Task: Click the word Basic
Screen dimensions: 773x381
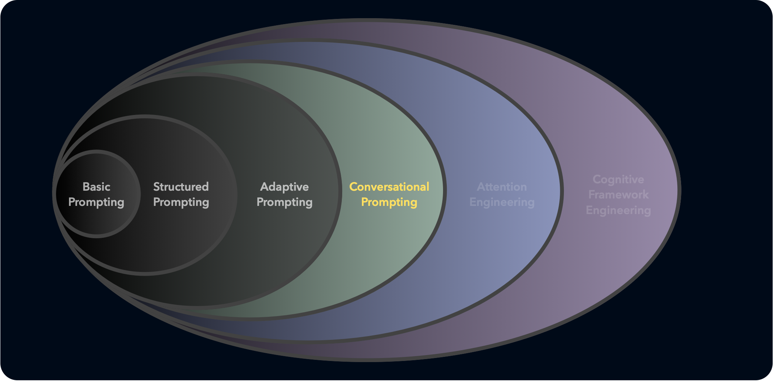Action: (96, 187)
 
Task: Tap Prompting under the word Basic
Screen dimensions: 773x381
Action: (96, 203)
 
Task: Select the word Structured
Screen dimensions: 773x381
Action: (181, 187)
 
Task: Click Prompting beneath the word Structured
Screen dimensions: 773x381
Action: (181, 203)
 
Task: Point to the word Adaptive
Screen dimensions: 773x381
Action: (284, 187)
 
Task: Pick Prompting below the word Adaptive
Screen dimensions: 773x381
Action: (284, 203)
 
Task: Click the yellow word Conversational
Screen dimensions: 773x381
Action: (389, 187)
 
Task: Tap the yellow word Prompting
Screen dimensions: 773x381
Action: (389, 203)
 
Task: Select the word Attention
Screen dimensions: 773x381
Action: (502, 187)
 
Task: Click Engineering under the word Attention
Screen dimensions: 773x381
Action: (502, 203)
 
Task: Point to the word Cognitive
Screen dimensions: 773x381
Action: (618, 180)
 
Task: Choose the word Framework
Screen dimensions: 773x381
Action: (618, 194)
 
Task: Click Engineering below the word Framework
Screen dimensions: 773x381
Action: (618, 210)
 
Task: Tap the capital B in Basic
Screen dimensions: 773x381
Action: (86, 187)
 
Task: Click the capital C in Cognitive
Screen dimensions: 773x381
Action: (597, 179)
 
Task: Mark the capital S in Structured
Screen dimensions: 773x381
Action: (157, 187)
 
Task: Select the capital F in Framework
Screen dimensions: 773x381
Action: (592, 194)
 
